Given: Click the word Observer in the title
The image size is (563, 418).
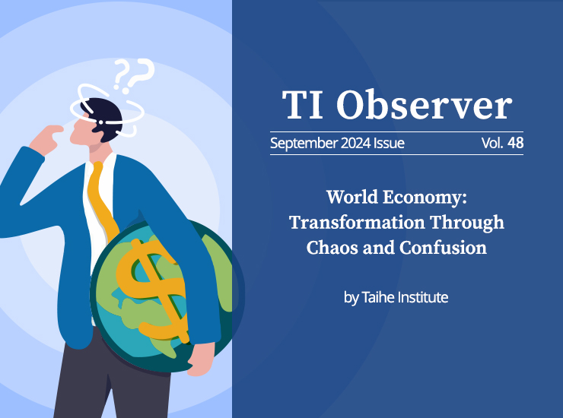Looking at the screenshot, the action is point(424,105).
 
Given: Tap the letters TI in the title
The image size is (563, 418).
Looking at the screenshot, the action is point(302,105).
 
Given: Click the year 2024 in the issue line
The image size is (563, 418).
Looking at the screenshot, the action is point(355,143).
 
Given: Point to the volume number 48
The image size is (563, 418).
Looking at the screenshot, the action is point(516,143).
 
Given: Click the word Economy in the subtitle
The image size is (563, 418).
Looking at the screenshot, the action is point(425,198).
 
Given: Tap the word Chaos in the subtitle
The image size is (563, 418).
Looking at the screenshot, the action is point(332,248).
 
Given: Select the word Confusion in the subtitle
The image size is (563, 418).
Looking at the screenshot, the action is point(443,248).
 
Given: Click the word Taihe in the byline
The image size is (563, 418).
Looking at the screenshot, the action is point(378,297).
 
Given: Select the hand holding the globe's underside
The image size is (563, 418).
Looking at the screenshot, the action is point(201,359).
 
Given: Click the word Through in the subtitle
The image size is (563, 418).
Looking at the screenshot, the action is point(467,223).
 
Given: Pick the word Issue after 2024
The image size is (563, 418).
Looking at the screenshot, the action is point(389,143).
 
